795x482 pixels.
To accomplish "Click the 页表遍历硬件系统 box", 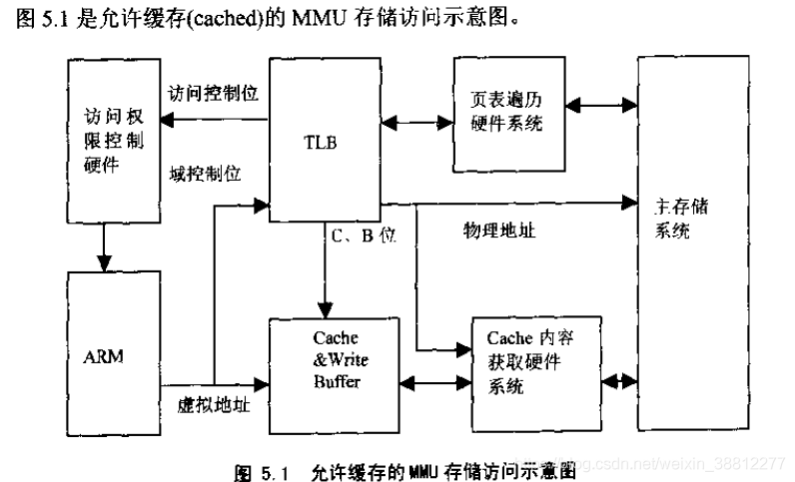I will (505, 111).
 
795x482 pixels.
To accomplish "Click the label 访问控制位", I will (214, 94).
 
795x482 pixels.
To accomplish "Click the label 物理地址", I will (498, 231).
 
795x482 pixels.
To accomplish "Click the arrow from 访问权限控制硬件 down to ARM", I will (104, 246).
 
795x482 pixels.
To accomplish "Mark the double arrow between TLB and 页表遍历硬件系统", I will (409, 122).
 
